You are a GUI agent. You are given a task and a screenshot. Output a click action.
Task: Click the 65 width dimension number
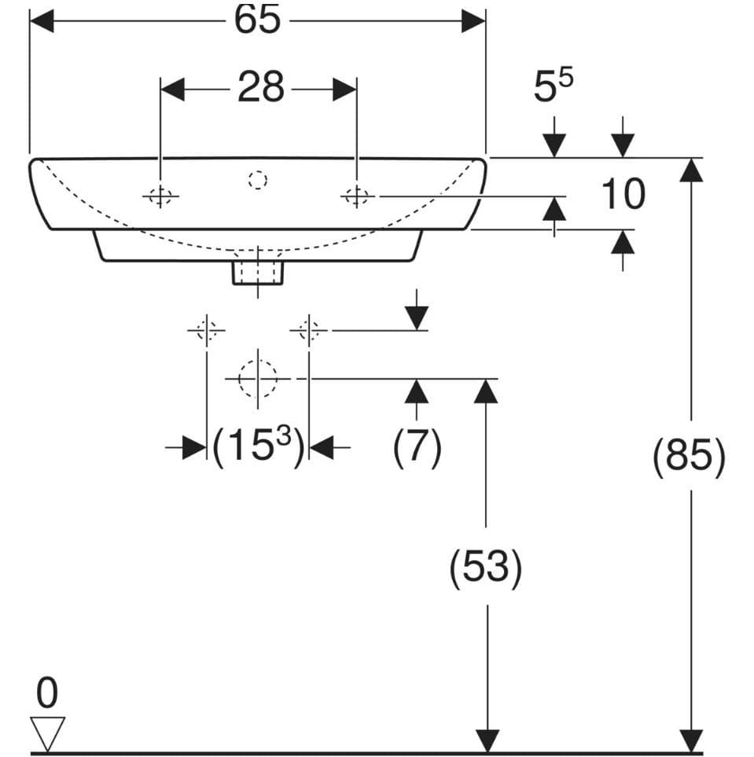[x=257, y=20]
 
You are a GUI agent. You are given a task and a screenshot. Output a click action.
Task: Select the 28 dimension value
[x=260, y=87]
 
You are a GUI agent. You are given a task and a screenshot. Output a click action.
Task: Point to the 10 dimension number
[x=623, y=193]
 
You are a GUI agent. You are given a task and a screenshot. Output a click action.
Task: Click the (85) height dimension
[x=689, y=456]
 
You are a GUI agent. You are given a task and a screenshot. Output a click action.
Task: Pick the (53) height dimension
[x=485, y=566]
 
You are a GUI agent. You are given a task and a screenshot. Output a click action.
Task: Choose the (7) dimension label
[x=417, y=447]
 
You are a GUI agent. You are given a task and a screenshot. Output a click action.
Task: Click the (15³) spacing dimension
[x=259, y=445]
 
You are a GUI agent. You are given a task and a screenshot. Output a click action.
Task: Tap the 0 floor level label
[x=47, y=693]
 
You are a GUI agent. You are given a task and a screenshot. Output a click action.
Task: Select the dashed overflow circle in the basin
[x=258, y=180]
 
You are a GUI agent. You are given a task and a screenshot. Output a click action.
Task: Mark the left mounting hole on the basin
[x=160, y=196]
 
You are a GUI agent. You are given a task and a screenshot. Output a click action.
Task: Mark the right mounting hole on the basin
[x=356, y=196]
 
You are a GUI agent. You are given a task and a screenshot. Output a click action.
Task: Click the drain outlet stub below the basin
[x=257, y=273]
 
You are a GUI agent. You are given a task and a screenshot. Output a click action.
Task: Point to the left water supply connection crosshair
[x=207, y=331]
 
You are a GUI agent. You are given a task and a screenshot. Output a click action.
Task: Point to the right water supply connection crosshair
[x=309, y=331]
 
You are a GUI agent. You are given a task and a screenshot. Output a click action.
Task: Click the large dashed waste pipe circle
[x=258, y=379]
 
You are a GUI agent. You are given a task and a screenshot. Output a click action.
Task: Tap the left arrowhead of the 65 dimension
[x=42, y=20]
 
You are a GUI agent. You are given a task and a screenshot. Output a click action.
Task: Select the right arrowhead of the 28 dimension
[x=345, y=90]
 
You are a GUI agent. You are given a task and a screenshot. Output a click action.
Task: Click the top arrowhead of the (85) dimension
[x=691, y=170]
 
